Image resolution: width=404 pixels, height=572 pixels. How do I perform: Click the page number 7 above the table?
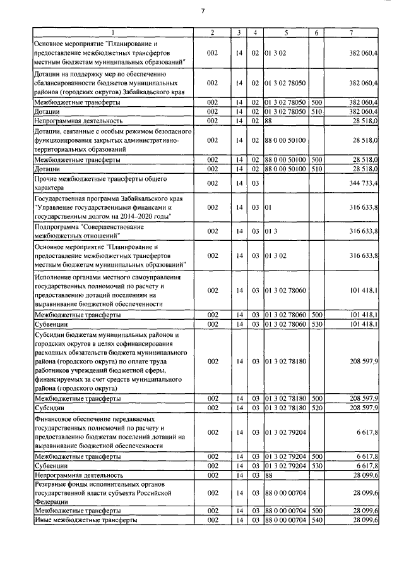203,11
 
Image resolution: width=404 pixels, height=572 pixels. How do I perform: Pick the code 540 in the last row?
317,519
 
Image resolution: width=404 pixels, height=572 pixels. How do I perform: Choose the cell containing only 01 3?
271,231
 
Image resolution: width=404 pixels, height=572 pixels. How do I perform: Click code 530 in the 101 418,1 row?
317,324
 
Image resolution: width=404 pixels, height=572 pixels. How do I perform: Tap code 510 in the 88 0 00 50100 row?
317,169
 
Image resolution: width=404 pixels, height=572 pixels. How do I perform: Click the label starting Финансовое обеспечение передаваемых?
109,432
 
